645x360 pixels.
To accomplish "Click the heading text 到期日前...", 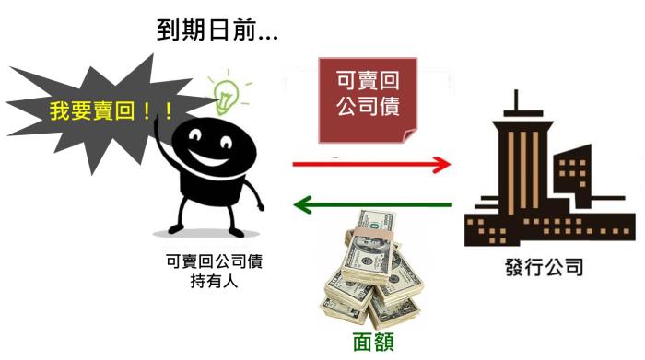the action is click(x=218, y=31).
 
